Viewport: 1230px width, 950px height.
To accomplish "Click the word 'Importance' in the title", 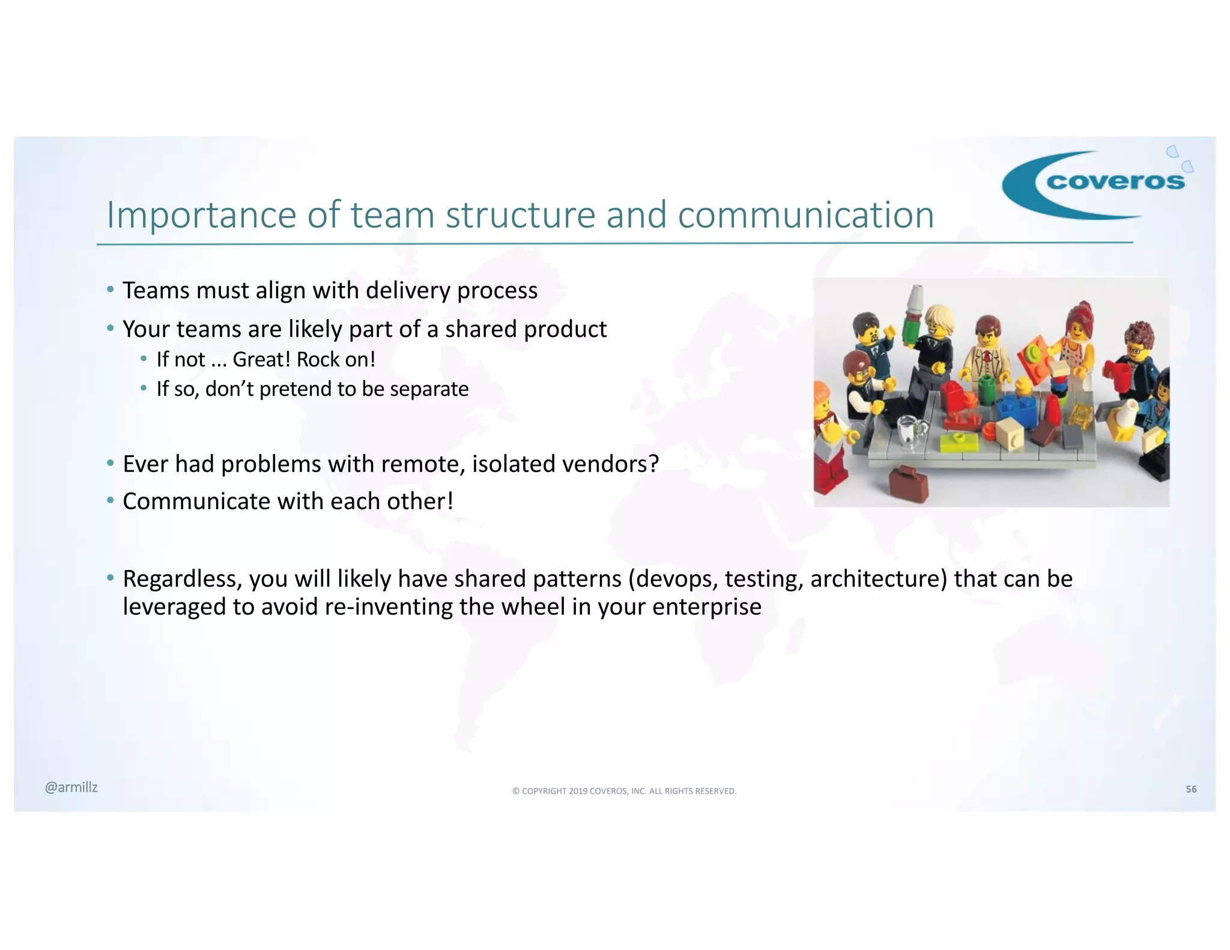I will pyautogui.click(x=202, y=214).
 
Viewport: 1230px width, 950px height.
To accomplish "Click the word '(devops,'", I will pyautogui.click(x=673, y=579).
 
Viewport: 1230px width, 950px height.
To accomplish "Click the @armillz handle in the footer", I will pyautogui.click(x=71, y=787).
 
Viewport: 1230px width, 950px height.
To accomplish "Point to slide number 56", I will pyautogui.click(x=1191, y=789).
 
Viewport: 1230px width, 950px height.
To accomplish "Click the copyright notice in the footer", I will pyautogui.click(x=624, y=791).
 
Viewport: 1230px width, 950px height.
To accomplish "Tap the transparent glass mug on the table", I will pyautogui.click(x=912, y=430).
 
